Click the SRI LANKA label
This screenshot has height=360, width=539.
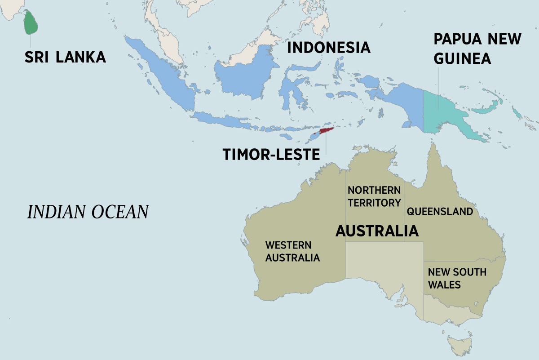point(65,57)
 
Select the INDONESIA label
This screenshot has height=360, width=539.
point(328,47)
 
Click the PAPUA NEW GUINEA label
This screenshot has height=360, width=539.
point(477,49)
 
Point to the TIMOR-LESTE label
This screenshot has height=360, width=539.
point(271,154)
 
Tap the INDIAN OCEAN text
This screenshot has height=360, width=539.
point(88,212)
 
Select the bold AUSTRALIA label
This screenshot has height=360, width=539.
point(377,231)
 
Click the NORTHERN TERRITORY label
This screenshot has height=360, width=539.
point(374,196)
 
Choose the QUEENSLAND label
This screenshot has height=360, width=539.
point(440,211)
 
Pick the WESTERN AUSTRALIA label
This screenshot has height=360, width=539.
point(292,252)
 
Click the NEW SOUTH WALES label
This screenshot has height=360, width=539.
point(450,278)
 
